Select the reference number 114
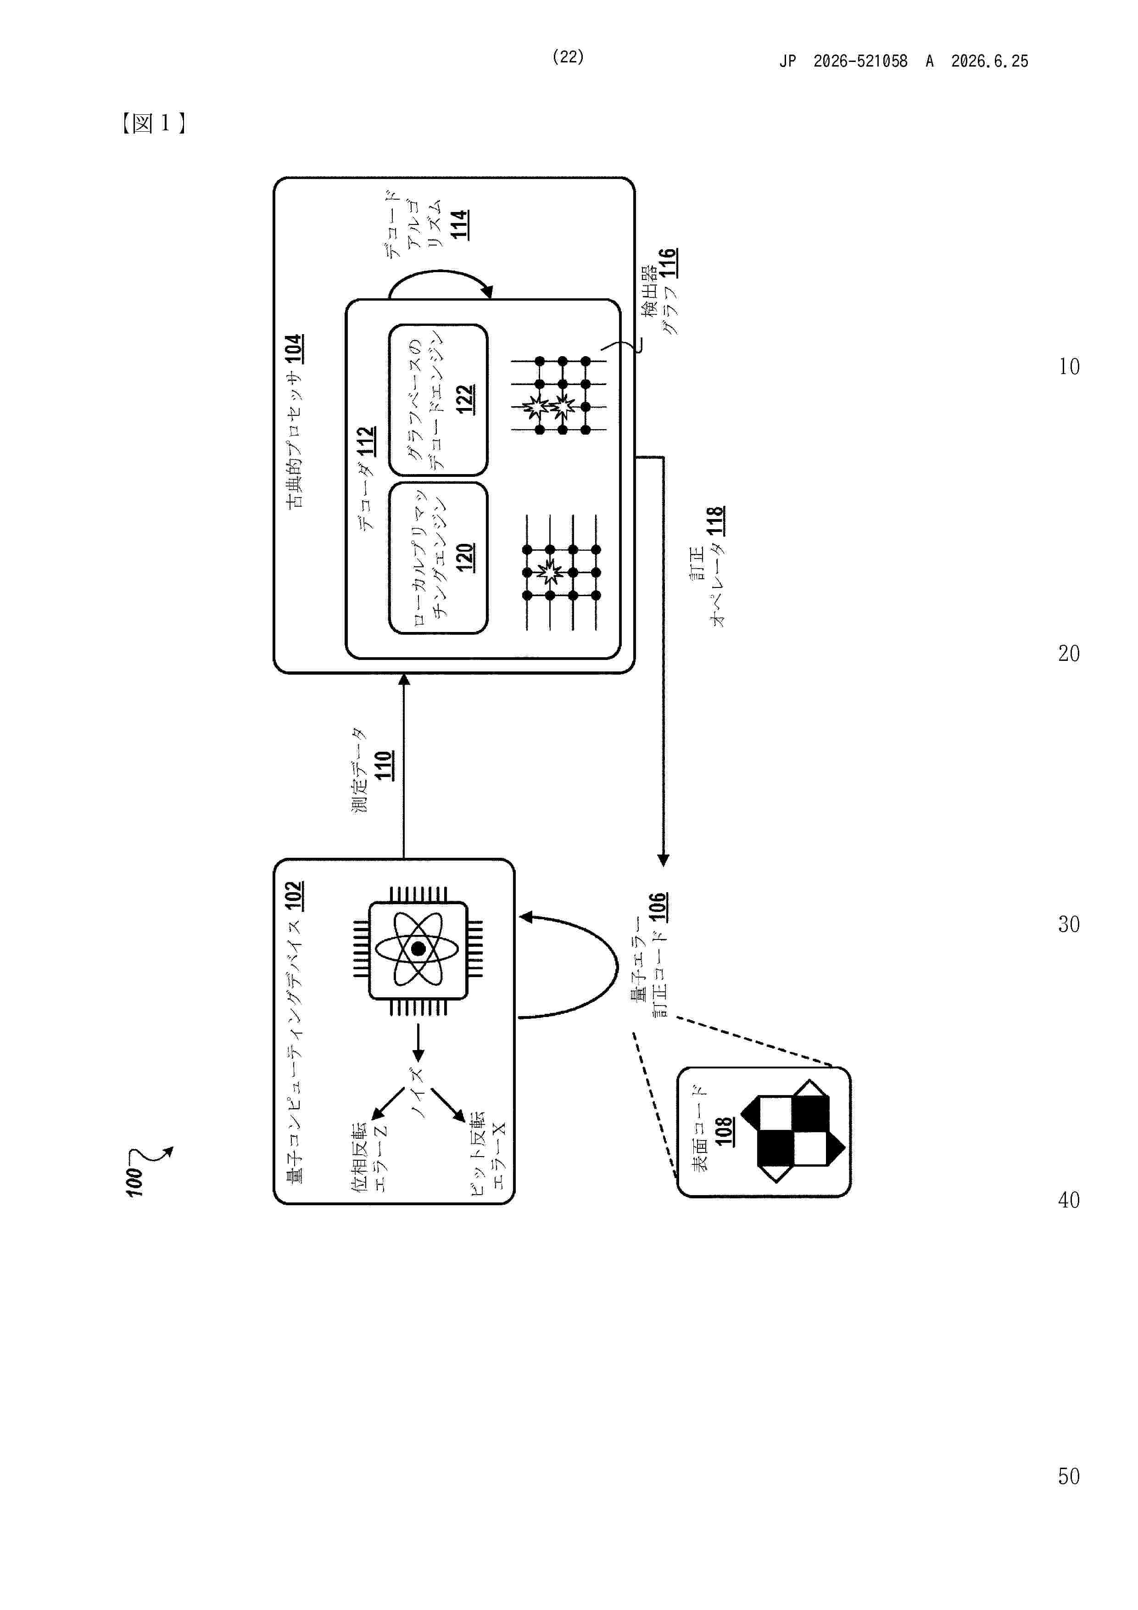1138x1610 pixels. pyautogui.click(x=459, y=224)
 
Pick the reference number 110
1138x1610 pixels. pyautogui.click(x=383, y=765)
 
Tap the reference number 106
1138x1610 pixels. pyautogui.click(x=657, y=907)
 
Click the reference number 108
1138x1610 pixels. pyautogui.click(x=724, y=1131)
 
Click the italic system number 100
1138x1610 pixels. pyautogui.click(x=134, y=1181)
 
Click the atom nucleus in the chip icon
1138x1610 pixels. pyautogui.click(x=418, y=949)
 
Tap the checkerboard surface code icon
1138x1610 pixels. pyautogui.click(x=793, y=1130)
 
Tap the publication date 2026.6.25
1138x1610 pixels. pyautogui.click(x=989, y=61)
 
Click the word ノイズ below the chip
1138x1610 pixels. pyautogui.click(x=418, y=1092)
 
